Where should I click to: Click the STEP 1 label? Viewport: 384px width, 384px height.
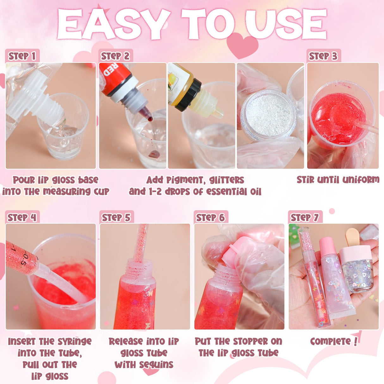(x=22, y=56)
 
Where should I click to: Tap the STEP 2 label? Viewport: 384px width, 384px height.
(x=115, y=56)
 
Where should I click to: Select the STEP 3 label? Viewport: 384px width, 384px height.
(x=323, y=56)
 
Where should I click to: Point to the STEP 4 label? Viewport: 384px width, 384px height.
(x=22, y=218)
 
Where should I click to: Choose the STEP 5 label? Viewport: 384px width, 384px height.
(x=116, y=218)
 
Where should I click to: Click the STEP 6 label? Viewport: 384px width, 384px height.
(x=210, y=218)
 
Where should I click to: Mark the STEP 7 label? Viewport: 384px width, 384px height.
(x=305, y=218)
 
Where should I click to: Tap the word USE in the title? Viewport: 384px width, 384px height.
(x=286, y=25)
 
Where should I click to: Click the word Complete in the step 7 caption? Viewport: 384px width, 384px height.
(x=330, y=341)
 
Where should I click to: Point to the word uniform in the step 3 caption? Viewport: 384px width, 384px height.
(x=361, y=180)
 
